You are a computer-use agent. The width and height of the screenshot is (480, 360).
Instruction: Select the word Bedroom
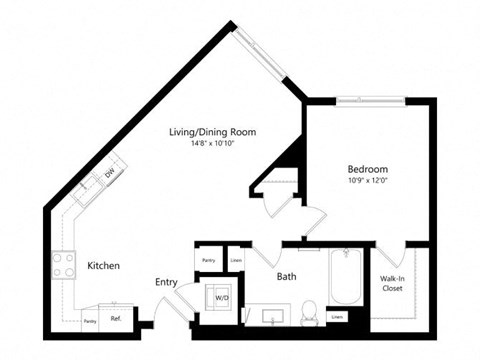tap(367, 169)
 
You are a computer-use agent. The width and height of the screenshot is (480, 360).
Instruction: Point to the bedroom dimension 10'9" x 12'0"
tap(367, 181)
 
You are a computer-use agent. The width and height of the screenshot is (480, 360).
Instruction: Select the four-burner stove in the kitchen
tap(64, 264)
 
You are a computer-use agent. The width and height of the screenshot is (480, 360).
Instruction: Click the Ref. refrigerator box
tap(116, 320)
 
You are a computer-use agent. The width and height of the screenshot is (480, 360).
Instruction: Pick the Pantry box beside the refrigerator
tap(90, 321)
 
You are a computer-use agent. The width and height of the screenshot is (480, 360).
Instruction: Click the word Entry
tap(166, 283)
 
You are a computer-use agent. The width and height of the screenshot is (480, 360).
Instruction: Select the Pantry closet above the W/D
tap(209, 260)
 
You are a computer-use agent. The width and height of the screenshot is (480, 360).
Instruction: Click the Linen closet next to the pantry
tap(236, 260)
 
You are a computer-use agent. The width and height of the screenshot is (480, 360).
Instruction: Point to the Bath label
tap(286, 276)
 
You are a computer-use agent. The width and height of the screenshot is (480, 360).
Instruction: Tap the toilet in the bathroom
tap(310, 312)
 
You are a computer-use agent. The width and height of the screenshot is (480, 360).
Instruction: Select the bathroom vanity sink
tap(271, 316)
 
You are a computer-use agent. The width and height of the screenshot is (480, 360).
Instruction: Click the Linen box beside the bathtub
tap(337, 317)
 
